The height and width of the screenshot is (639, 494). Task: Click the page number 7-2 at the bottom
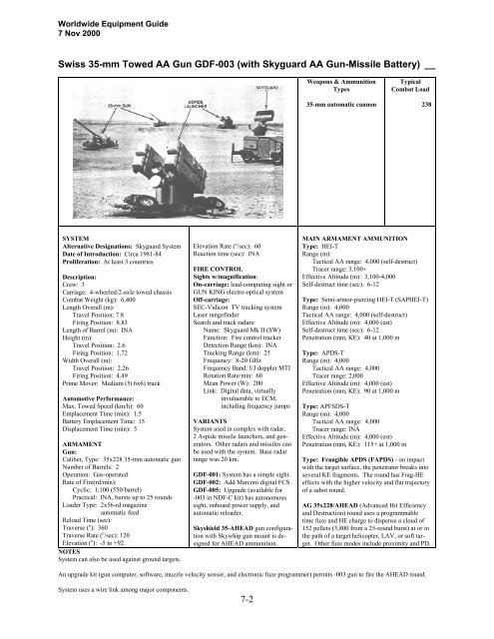click(247, 627)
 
